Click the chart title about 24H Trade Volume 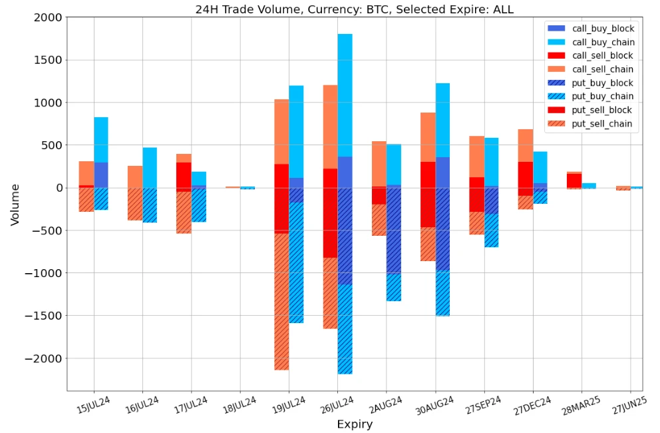click(x=354, y=9)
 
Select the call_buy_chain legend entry click(x=603, y=42)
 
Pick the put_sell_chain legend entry click(x=603, y=124)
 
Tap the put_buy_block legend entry click(x=603, y=83)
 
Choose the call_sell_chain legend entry click(x=603, y=69)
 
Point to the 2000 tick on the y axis click(x=48, y=17)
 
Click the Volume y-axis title click(x=15, y=205)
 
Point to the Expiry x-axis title click(x=355, y=424)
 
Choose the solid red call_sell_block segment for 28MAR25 click(x=574, y=181)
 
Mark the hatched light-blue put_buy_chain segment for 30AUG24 click(x=442, y=293)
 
